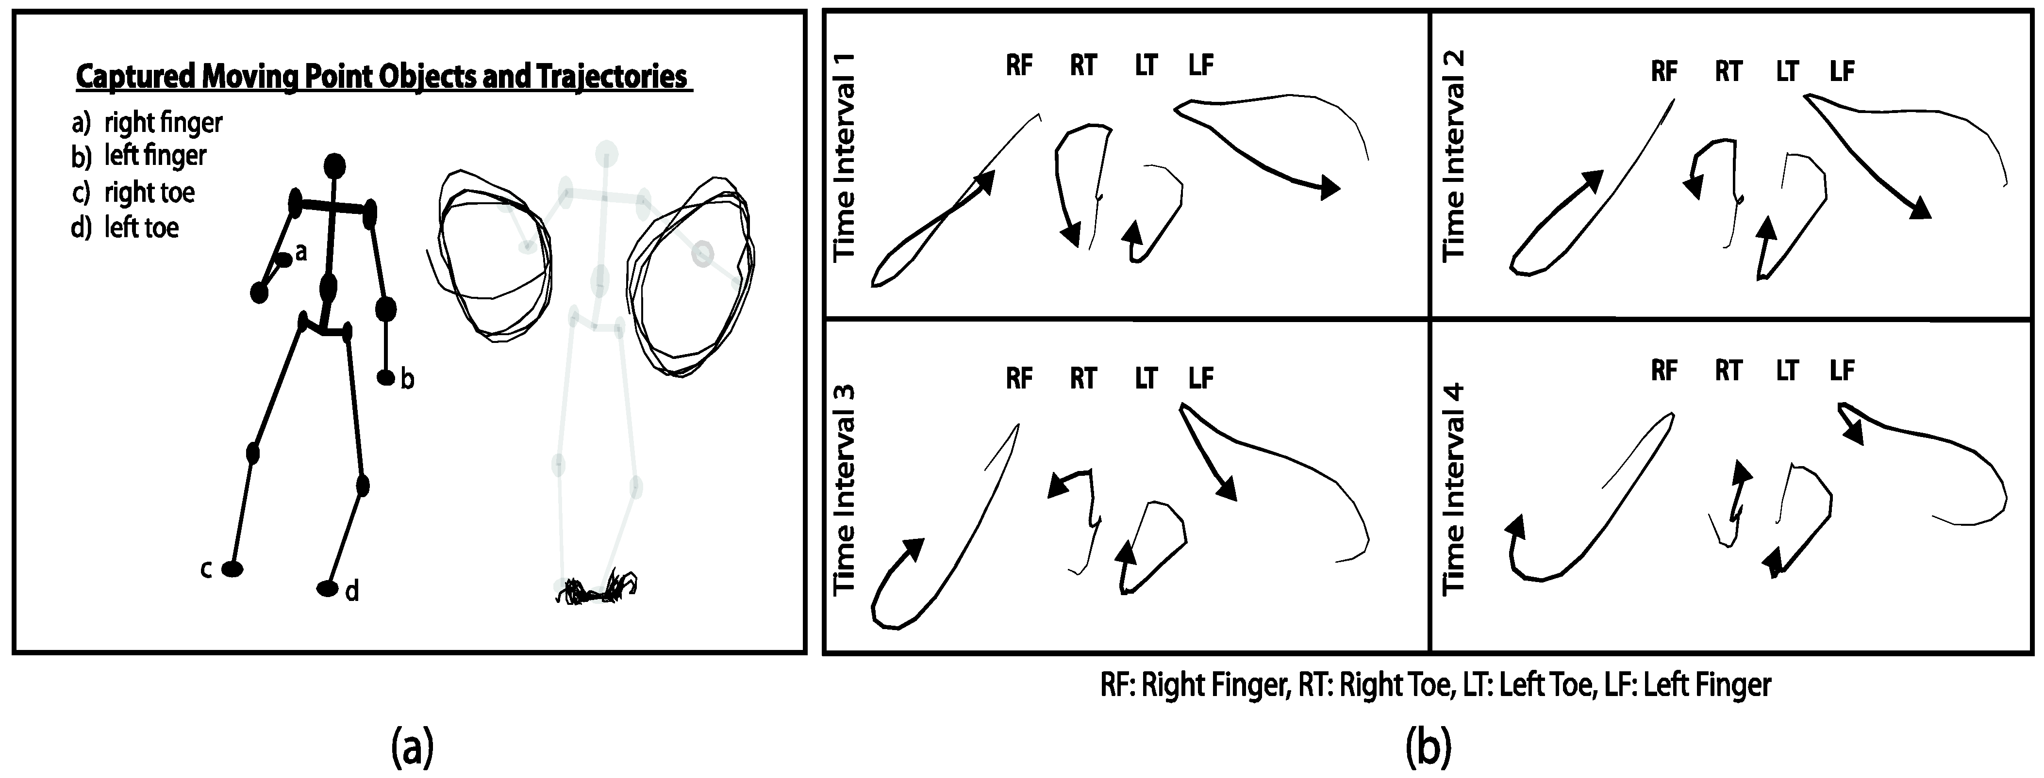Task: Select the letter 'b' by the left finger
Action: pyautogui.click(x=407, y=380)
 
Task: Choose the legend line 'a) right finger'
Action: pyautogui.click(x=148, y=123)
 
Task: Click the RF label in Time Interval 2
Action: pyautogui.click(x=1664, y=71)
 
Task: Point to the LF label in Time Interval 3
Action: pyautogui.click(x=1200, y=378)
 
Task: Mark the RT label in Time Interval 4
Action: pyautogui.click(x=1728, y=371)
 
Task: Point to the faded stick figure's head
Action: pyautogui.click(x=607, y=153)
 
